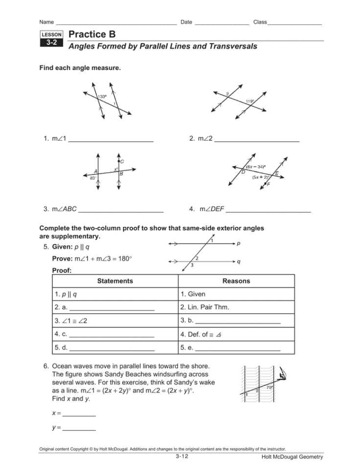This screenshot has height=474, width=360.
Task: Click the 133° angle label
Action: [x=102, y=96]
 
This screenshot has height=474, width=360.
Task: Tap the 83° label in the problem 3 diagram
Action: [x=92, y=178]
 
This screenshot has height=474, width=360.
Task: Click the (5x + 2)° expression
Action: [x=261, y=177]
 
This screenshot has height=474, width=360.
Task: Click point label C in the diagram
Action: [x=122, y=161]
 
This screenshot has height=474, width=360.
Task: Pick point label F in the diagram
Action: [x=269, y=184]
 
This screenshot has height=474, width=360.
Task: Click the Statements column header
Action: [x=114, y=281]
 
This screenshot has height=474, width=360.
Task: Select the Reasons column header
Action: [x=236, y=281]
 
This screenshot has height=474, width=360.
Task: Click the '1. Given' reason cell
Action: [x=193, y=294]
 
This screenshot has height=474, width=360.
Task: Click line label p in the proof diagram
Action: [x=238, y=243]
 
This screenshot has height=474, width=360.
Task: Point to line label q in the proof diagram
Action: [x=238, y=261]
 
